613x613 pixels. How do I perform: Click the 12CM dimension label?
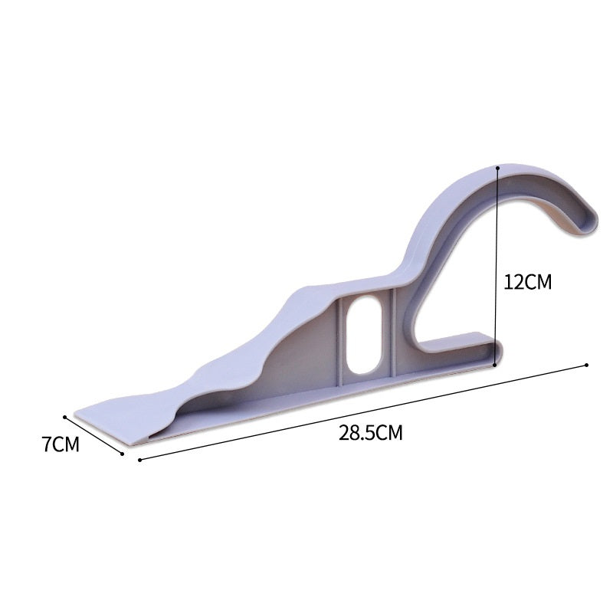(x=527, y=281)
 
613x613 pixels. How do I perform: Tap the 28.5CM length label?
(x=371, y=432)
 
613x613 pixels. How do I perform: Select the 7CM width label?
(x=61, y=444)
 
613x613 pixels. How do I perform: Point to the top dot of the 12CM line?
(x=498, y=166)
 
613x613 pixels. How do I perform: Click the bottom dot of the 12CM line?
(x=496, y=365)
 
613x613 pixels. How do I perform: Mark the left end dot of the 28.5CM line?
(x=139, y=461)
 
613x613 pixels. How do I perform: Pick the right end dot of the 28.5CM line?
(x=587, y=365)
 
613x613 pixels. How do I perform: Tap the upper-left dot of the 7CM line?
(x=66, y=417)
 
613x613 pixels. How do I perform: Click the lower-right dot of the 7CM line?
(x=123, y=454)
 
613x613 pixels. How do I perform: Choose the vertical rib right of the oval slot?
(x=392, y=329)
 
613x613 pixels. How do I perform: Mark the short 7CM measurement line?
(x=94, y=435)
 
